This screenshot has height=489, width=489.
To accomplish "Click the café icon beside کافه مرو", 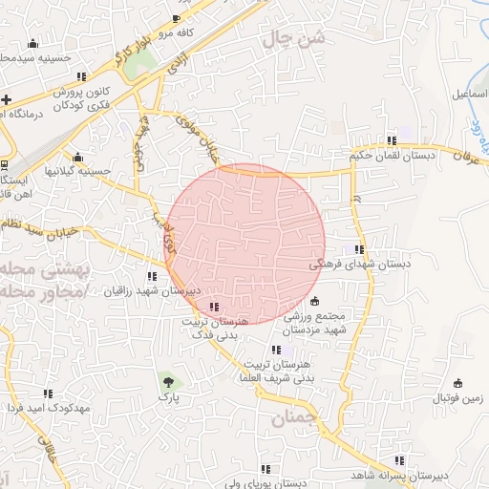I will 175,19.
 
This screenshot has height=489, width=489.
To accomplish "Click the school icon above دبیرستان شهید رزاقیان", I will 153,275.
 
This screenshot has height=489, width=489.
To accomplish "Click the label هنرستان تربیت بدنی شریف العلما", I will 277,372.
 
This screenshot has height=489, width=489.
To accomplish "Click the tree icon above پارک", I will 168,380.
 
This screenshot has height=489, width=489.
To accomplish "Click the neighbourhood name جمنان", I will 292,416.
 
